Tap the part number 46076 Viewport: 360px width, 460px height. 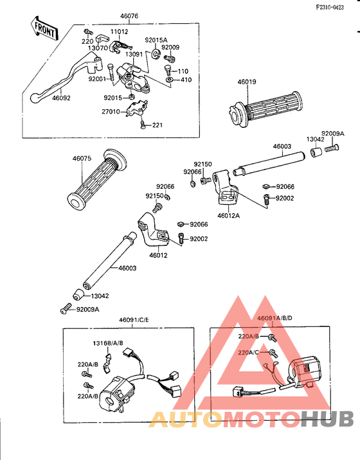[129, 16]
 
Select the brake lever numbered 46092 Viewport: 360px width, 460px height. [66, 78]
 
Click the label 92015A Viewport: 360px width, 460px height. [156, 40]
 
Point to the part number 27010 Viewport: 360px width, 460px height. [111, 112]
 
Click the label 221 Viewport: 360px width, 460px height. [157, 125]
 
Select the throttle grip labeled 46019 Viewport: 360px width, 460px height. [265, 109]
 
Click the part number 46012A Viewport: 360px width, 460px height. [228, 216]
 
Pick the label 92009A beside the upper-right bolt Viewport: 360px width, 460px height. [333, 134]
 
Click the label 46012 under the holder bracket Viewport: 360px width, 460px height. [158, 255]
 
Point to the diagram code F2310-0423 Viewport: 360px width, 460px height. [330, 7]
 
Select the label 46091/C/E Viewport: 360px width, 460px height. [134, 319]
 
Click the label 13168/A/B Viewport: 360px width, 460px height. [108, 343]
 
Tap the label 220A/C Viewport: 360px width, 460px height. [248, 352]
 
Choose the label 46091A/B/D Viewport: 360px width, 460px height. [274, 318]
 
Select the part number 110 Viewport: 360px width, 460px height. [183, 71]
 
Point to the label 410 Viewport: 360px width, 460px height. [186, 80]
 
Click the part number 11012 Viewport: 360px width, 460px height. [119, 31]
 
